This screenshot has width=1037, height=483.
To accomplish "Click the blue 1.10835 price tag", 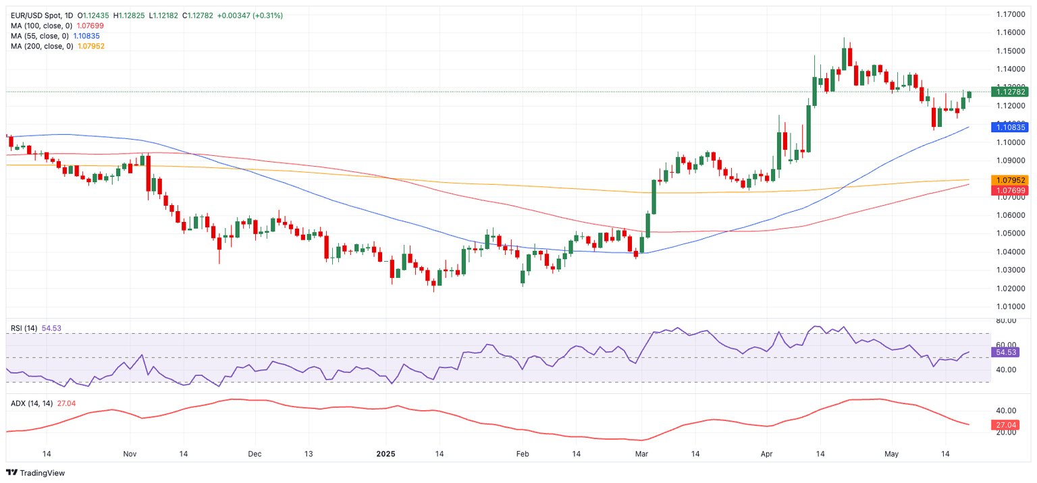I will coord(1009,127).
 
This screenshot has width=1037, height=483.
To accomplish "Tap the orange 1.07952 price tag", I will coord(1009,180).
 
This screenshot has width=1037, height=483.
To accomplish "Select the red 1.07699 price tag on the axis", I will coord(1009,190).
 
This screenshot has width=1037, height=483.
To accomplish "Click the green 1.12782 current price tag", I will coord(1009,92).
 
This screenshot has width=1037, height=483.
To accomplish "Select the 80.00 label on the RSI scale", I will coord(1006,321).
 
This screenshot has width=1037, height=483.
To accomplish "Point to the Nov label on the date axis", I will coord(130,455).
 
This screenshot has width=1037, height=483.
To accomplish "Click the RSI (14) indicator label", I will coord(24,328).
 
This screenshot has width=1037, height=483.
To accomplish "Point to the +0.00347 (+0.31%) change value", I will coord(250,15).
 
